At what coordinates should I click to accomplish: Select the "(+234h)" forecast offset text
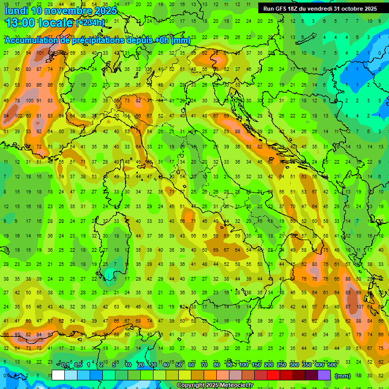coord(90,23)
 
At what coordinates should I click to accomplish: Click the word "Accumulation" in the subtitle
coord(30,41)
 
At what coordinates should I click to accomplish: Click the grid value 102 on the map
coord(19,115)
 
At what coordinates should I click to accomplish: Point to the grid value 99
coord(358,293)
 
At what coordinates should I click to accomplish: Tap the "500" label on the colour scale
coord(332,365)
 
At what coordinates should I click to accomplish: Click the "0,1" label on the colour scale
coord(65,365)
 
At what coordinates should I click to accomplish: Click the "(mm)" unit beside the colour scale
coord(343,376)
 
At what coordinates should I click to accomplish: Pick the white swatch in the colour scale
coord(58,375)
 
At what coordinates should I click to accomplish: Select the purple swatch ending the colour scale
coord(324,375)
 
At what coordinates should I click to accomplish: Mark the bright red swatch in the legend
coord(274,375)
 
